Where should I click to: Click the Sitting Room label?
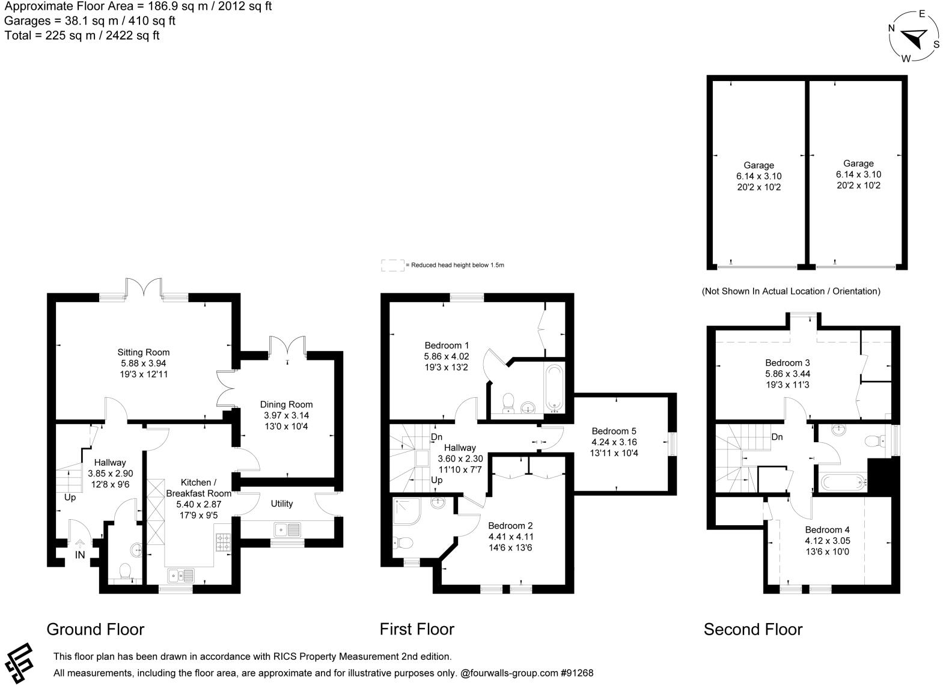point(144,352)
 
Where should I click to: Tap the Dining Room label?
point(287,404)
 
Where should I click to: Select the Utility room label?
point(282,504)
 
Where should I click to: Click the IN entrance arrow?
point(80,544)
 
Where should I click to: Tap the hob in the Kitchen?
point(224,542)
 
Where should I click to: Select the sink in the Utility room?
point(288,530)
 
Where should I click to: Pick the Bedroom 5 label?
point(614,431)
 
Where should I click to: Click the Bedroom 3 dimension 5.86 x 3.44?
point(787,374)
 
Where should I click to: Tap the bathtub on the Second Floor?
point(844,483)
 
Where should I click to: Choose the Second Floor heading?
point(753,629)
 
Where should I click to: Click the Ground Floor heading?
point(96,629)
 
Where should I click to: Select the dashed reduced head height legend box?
point(392,265)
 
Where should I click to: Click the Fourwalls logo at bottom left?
point(19,663)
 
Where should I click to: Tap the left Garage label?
point(759,165)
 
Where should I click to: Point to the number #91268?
point(577,673)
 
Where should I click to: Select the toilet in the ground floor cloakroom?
point(126,571)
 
